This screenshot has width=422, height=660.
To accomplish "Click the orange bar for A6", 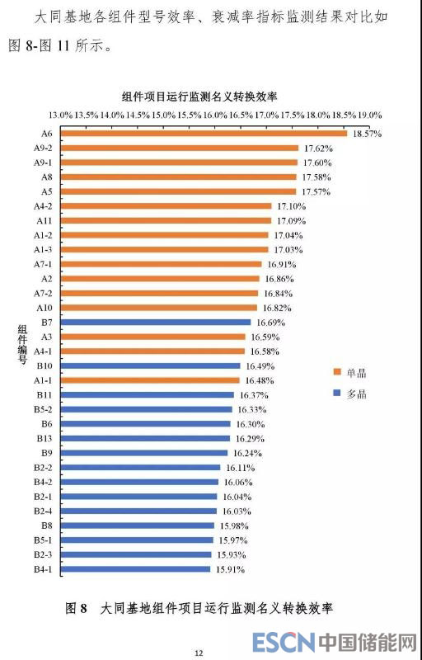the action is point(204,134).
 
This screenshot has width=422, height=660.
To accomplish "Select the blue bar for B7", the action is point(156,322).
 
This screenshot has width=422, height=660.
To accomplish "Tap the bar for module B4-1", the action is point(135,569).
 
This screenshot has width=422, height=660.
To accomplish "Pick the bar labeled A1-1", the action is point(150,380).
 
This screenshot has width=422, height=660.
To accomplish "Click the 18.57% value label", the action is point(368,134).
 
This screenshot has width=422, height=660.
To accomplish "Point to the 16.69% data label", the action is point(271,323).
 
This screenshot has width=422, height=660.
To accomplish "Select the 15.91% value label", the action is point(230,569).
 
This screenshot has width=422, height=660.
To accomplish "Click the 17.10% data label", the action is point(291,206).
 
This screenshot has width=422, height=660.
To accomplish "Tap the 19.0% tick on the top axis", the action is point(369,115).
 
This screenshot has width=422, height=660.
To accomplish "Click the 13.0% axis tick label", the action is point(60,115).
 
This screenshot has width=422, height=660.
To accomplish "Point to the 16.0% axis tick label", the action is point(215,115).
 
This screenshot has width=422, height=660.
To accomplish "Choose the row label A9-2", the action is point(44,148).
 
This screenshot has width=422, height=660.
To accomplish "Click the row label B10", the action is point(45,365).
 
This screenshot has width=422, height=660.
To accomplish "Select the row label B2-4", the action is point(44,511).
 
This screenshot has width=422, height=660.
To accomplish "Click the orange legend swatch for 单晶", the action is point(336,372).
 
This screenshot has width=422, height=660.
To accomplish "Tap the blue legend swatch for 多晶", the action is point(336,393).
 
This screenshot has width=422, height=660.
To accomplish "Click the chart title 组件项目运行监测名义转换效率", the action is point(199,97).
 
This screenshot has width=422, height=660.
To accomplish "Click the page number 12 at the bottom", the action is point(199,653).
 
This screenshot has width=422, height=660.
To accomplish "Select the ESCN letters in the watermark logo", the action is point(284,642).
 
